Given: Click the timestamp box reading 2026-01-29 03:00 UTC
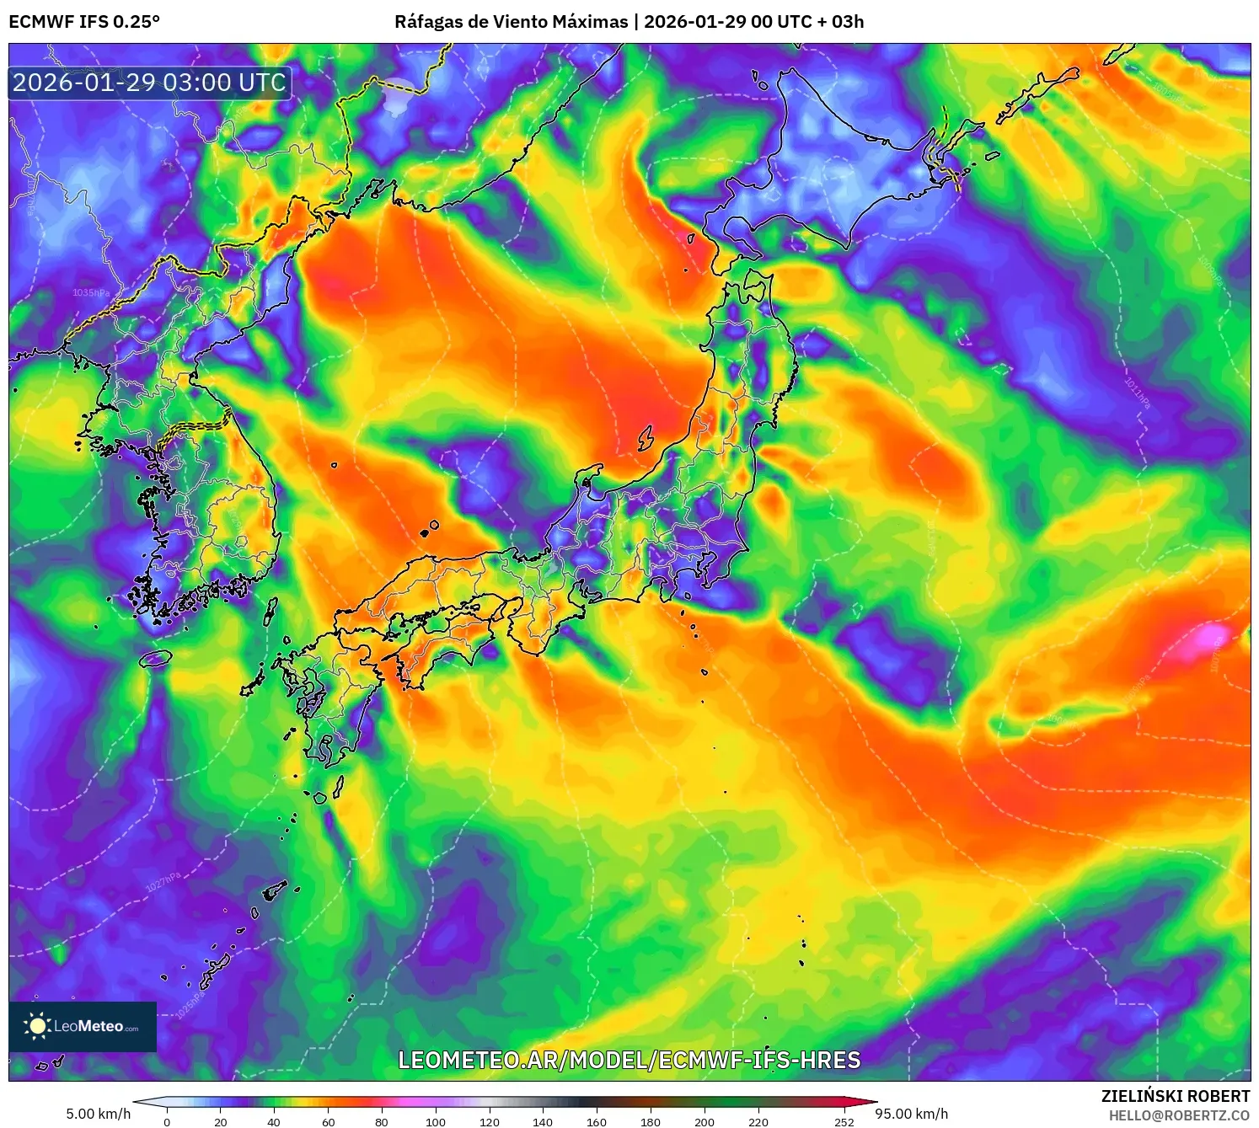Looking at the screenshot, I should tap(150, 83).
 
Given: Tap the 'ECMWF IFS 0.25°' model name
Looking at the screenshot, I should tap(84, 22).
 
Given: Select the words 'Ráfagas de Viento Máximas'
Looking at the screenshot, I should tap(512, 22).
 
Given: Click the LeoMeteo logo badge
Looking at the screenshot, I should tap(83, 1026).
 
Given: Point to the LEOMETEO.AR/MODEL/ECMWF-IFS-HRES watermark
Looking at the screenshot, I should tap(629, 1060).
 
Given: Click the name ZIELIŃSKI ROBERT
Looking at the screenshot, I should tap(1176, 1096).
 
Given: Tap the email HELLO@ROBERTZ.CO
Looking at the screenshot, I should tap(1179, 1115).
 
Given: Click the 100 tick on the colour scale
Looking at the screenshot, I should tap(435, 1122).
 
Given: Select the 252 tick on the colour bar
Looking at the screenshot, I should tap(844, 1122).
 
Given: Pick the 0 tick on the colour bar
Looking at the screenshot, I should tap(167, 1122).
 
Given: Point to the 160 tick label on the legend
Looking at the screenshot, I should tap(596, 1122).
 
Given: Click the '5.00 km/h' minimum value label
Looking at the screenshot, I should tap(99, 1114).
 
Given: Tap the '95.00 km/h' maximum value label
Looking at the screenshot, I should tap(911, 1114).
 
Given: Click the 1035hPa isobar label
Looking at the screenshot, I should tap(90, 292).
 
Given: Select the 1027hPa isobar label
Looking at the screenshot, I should tap(163, 881).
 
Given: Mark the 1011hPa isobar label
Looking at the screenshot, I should tap(1137, 393).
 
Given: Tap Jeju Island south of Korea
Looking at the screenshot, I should tap(155, 658).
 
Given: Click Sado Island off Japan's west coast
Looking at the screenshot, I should tap(646, 437).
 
